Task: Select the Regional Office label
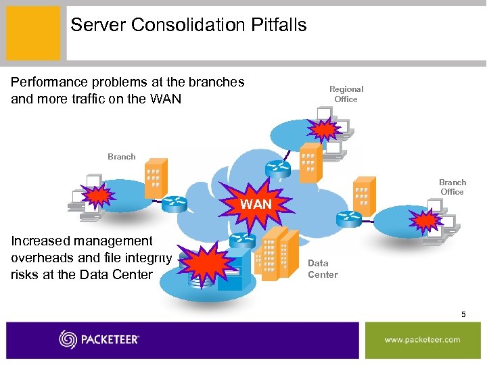(x=346, y=94)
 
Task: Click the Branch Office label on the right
(x=452, y=187)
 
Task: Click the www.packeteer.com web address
(x=422, y=339)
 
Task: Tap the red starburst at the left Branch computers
(x=98, y=197)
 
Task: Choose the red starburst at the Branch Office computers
(x=427, y=220)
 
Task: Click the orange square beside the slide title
(x=33, y=32)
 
